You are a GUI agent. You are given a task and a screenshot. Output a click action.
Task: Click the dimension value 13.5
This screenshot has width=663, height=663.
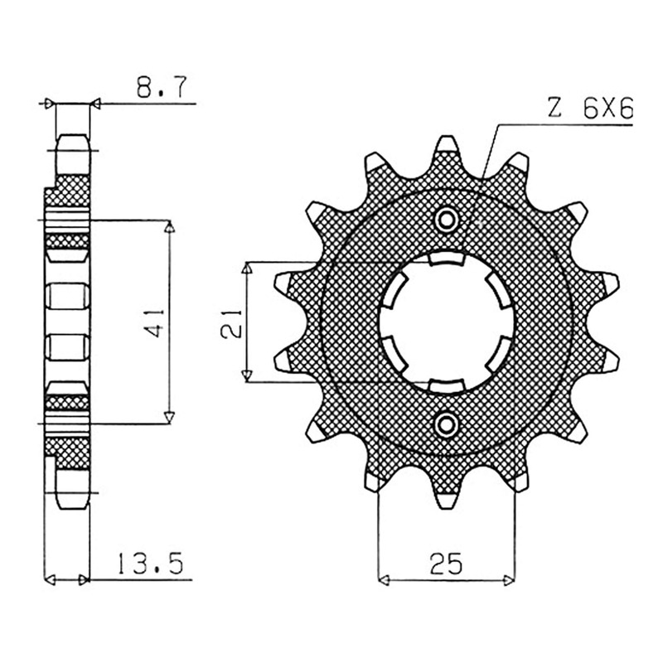[149, 563]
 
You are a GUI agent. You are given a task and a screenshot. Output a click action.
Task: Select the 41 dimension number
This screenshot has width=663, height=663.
[156, 322]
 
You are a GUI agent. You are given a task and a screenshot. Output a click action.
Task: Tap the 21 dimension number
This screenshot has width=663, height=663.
[231, 323]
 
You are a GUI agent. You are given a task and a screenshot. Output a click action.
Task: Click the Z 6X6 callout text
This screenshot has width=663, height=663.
[590, 110]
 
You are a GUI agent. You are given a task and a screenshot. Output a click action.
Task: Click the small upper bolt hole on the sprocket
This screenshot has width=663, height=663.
[447, 220]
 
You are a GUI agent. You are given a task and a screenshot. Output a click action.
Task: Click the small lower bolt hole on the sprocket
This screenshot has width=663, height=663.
[447, 424]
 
